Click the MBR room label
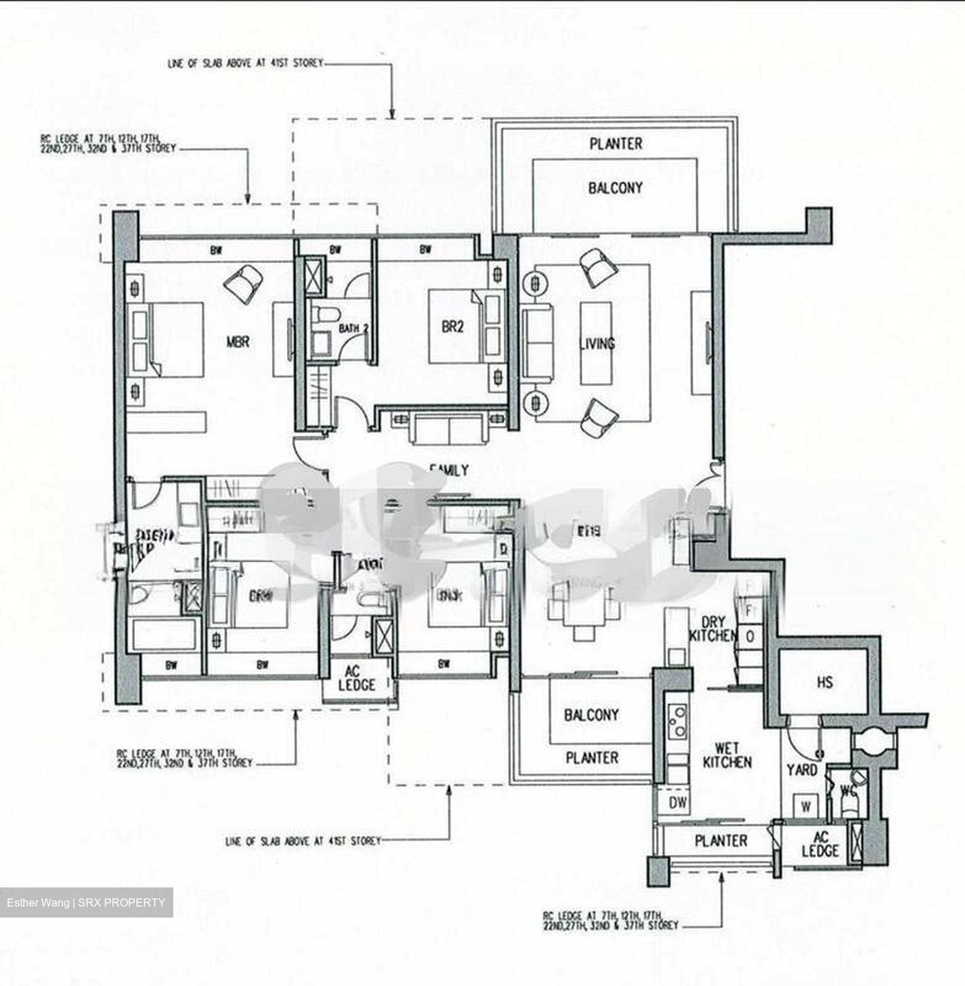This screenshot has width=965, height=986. coord(238,341)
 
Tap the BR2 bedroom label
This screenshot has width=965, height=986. coord(452,327)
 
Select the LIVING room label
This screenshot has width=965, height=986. coord(597,344)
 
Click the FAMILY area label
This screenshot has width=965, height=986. coord(449,470)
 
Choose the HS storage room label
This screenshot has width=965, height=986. coord(825,682)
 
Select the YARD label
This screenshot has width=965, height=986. coord(801,770)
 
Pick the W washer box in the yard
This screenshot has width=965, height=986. coord(805,806)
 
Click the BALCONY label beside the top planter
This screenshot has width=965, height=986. coord(615,188)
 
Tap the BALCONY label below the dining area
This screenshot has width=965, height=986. coord(591,715)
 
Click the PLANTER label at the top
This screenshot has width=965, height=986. coord(616,144)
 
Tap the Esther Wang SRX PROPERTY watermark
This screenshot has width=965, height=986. coord(86,902)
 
